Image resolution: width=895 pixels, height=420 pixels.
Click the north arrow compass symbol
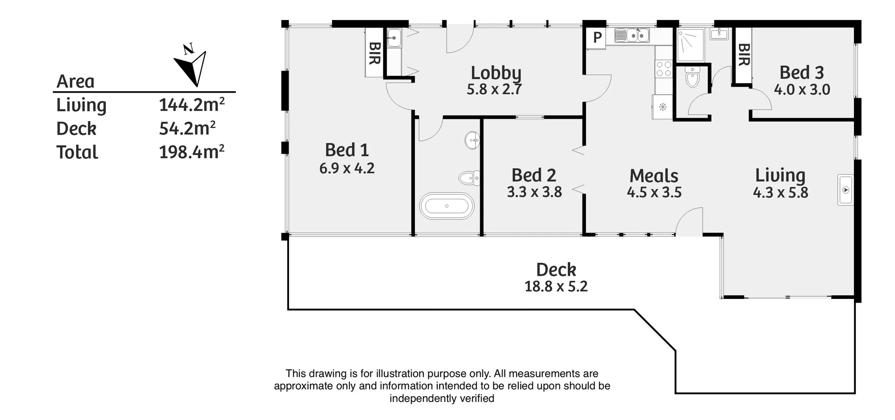[192, 67]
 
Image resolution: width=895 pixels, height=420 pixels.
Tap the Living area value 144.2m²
[192, 105]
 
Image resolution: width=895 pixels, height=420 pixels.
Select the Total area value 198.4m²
[192, 152]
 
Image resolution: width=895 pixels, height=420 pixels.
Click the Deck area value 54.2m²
[187, 129]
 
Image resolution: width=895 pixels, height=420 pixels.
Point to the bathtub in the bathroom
[447, 206]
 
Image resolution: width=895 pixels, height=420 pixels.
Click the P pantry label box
[597, 37]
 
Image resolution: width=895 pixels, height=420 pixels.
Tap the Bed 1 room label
[347, 150]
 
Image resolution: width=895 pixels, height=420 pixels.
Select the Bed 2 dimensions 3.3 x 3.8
[534, 192]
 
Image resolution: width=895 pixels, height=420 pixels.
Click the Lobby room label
[496, 73]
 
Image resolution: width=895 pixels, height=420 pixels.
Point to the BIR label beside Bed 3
[744, 54]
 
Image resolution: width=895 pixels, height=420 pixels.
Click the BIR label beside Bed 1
[374, 53]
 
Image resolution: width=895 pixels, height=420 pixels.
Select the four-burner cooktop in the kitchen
[663, 69]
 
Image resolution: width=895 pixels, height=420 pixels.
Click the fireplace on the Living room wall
[845, 190]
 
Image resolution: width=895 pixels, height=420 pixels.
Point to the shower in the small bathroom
[690, 44]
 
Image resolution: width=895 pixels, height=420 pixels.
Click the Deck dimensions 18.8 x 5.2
[556, 286]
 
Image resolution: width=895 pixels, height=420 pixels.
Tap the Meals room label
[654, 176]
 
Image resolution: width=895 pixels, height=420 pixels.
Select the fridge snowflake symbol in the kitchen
[662, 107]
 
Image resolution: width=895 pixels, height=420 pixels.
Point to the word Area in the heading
[75, 81]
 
